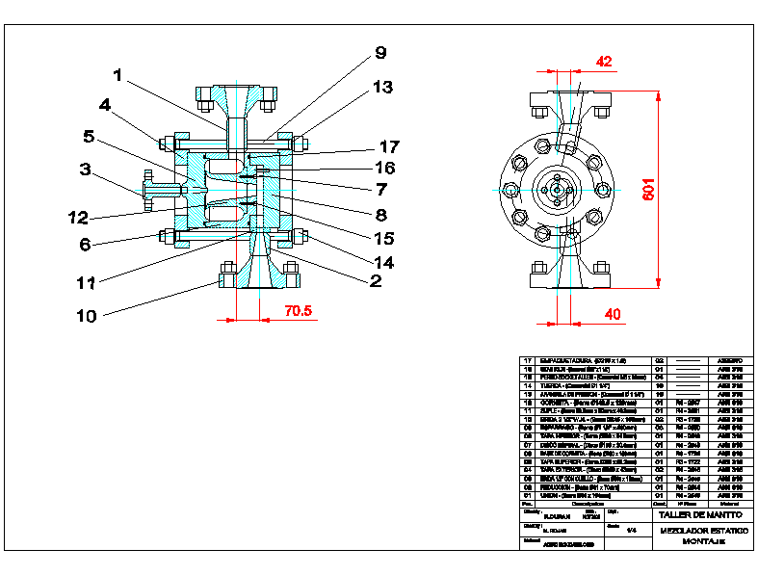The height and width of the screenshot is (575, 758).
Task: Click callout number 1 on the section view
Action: coord(118,74)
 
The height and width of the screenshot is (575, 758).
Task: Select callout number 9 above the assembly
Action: coord(379,53)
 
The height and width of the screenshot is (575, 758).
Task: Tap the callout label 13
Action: coord(382,87)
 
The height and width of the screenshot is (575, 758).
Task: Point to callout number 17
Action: coord(388,147)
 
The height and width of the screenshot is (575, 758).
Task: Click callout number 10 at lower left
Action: coord(88,315)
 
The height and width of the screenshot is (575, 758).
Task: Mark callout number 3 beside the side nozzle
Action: coord(85,170)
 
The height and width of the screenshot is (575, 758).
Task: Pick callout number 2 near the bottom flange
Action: coord(374,281)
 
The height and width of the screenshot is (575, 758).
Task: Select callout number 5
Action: coord(88,136)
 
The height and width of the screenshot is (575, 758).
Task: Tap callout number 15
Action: coord(383,237)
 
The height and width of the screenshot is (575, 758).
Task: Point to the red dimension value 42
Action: coord(604,62)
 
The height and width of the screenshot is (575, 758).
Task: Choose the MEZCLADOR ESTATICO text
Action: coord(702,531)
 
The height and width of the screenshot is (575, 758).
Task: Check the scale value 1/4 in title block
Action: coord(632,530)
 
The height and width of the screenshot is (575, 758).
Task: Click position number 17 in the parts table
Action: coord(527,359)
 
